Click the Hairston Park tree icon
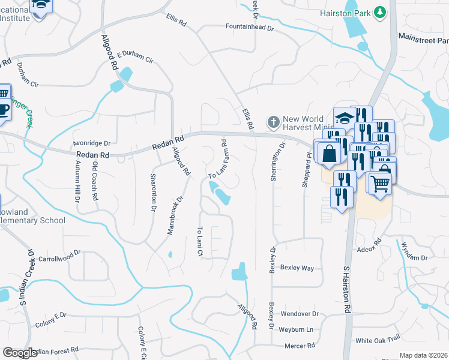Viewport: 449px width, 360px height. click(379, 12)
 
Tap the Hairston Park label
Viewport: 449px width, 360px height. click(345, 12)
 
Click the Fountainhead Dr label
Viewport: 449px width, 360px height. click(250, 27)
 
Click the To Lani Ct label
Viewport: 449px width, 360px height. click(200, 242)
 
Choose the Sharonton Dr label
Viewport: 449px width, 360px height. click(153, 191)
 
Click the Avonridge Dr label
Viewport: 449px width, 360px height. click(91, 143)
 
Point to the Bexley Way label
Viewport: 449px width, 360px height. click(297, 268)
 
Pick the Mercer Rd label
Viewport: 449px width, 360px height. click(300, 346)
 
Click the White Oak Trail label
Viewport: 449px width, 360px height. click(378, 340)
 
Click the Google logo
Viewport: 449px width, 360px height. click(20, 353)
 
